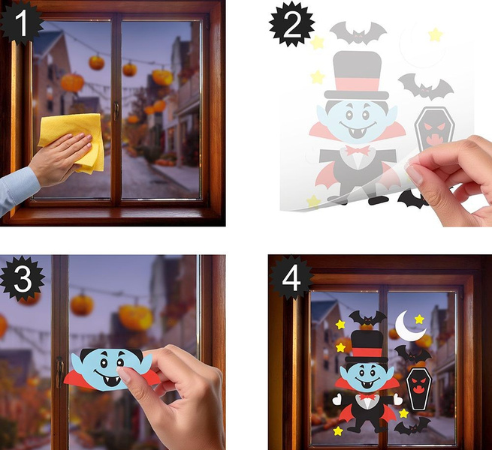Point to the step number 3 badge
click(22, 278)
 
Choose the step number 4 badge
click(291, 277)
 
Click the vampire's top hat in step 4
click(367, 346)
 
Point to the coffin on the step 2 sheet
click(434, 129)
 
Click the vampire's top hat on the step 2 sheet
click(357, 76)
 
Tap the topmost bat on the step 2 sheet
click(358, 33)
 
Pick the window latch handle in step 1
click(116, 112)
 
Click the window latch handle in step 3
click(59, 373)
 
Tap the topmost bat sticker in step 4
click(368, 319)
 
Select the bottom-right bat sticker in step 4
click(412, 426)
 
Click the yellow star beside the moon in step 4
click(419, 319)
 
